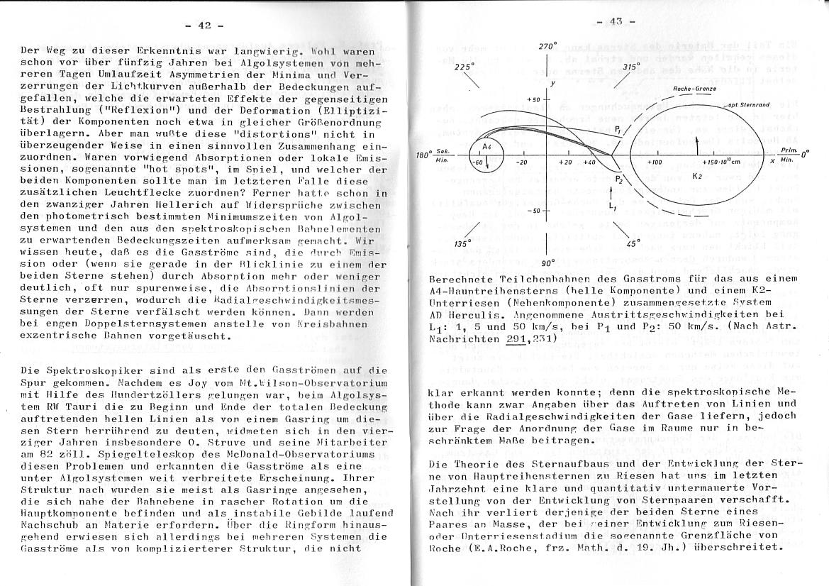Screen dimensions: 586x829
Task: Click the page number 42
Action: (204, 26)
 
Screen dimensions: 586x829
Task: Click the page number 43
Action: (615, 21)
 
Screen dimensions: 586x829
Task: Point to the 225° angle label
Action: (464, 66)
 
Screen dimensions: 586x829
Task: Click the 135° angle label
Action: (463, 243)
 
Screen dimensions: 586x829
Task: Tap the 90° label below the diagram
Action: (549, 262)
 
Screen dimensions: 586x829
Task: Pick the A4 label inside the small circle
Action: (487, 146)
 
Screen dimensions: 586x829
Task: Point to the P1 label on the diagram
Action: (618, 130)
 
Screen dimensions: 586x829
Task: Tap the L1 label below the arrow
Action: (612, 206)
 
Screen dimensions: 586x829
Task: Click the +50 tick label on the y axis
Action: (534, 99)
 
